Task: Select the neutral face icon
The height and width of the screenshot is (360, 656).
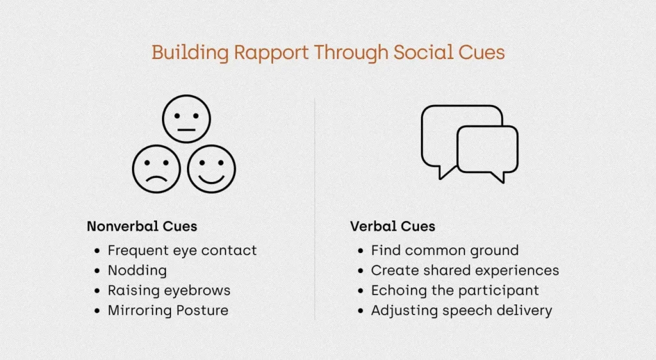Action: (186, 119)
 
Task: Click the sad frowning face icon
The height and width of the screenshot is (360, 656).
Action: (156, 169)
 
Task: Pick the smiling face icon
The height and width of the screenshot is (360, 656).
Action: (211, 169)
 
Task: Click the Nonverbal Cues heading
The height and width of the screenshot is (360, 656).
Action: (142, 226)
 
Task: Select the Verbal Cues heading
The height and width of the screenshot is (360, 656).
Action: (393, 226)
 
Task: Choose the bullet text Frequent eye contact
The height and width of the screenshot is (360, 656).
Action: (182, 250)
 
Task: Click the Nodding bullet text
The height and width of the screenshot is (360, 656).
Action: (137, 270)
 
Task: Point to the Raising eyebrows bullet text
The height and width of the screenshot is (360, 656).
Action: (169, 291)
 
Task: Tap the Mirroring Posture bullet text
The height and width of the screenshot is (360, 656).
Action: (168, 311)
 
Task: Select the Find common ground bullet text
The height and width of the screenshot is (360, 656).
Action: (445, 250)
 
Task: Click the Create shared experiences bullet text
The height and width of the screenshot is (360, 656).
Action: (465, 270)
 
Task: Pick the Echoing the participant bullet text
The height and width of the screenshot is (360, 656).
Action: (455, 291)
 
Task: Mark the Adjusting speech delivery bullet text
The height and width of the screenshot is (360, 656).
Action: (461, 311)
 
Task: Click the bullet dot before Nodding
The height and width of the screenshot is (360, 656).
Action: (97, 271)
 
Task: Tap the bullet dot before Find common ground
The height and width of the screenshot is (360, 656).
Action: (361, 251)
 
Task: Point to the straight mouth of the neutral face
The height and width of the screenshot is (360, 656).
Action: (186, 130)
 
